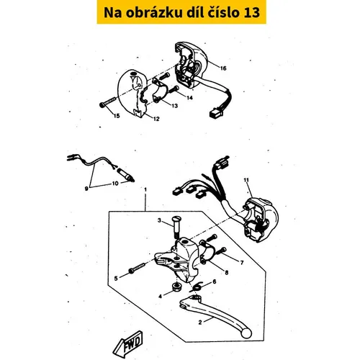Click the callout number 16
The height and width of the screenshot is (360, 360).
click(223, 68)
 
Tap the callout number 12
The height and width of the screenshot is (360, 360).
click(156, 119)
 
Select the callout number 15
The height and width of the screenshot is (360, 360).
click(117, 116)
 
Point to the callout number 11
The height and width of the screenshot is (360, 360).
click(246, 180)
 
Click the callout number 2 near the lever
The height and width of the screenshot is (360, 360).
click(200, 323)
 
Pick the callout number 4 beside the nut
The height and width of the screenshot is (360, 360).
click(161, 297)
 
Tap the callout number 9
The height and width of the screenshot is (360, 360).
click(86, 189)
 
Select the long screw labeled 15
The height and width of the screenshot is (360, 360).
click(108, 102)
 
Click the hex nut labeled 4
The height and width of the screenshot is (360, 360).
click(177, 287)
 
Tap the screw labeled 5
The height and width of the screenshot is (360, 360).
click(138, 268)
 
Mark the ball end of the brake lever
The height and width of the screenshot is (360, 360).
click(246, 333)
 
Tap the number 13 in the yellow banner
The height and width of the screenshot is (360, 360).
click(252, 12)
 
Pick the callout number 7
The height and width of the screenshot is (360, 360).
click(242, 263)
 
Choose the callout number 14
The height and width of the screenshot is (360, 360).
click(189, 98)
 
